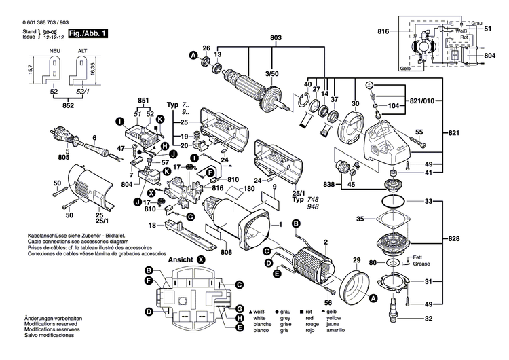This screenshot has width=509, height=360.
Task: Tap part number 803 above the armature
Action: (x=276, y=38)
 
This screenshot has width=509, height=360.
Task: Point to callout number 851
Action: (x=143, y=101)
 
